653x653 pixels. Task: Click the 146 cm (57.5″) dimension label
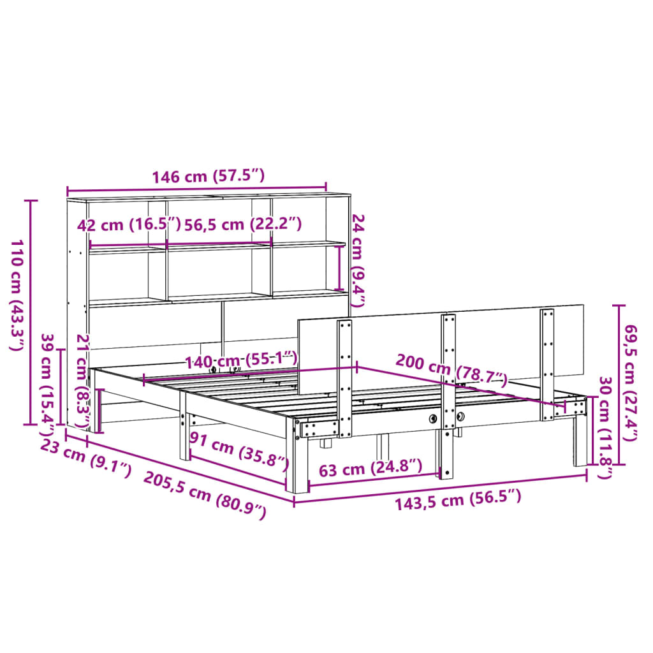(208, 177)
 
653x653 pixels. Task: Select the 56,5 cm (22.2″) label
(242, 224)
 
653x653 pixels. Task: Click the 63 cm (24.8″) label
(370, 471)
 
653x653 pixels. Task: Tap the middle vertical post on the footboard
(448, 395)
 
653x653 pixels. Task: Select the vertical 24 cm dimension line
(339, 268)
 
